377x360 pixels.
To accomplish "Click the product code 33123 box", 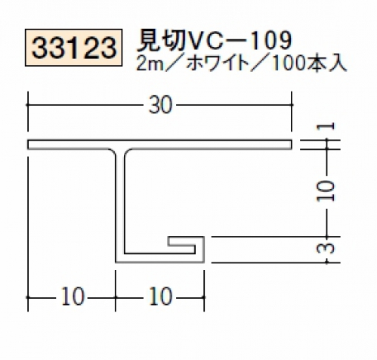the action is click(x=74, y=48).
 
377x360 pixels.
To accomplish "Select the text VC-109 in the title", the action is click(x=239, y=40).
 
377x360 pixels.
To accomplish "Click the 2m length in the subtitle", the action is click(x=150, y=64).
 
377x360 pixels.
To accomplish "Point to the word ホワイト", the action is click(x=218, y=64).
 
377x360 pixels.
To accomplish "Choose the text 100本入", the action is click(x=308, y=64).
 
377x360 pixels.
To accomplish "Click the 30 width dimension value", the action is click(x=160, y=105).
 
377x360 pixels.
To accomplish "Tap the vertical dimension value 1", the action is click(x=326, y=126).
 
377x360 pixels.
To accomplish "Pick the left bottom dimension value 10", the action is click(x=72, y=297).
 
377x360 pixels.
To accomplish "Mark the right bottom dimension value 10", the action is click(x=160, y=297).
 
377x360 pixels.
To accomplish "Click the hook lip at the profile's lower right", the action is click(x=186, y=241).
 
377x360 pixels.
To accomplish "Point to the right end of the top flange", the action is click(x=292, y=144).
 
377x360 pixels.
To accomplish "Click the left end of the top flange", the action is click(x=28, y=144).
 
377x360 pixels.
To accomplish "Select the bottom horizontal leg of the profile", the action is click(x=159, y=258).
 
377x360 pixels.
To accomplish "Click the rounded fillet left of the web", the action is click(x=113, y=152).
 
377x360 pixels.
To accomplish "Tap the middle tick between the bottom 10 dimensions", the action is click(x=116, y=297).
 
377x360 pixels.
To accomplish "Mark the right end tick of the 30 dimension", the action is click(x=292, y=105).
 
